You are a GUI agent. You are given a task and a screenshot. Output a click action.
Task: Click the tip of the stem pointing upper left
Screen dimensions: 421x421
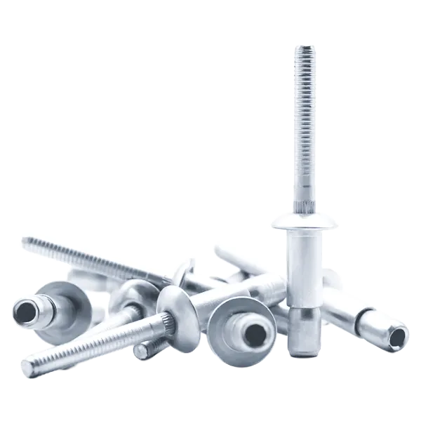pyautogui.click(x=25, y=243)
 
